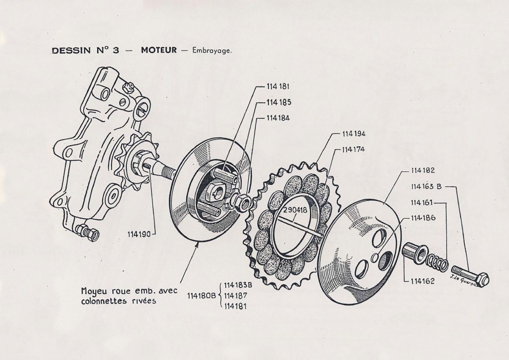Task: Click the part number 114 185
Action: pyautogui.click(x=279, y=102)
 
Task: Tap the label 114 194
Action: pyautogui.click(x=354, y=134)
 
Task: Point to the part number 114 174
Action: pyautogui.click(x=353, y=149)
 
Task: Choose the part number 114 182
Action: pyautogui.click(x=423, y=170)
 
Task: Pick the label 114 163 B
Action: pyautogui.click(x=426, y=187)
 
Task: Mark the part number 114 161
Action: pyautogui.click(x=422, y=203)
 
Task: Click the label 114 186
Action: pyautogui.click(x=423, y=218)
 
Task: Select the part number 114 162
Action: pyautogui.click(x=422, y=281)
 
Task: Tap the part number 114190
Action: pyautogui.click(x=139, y=234)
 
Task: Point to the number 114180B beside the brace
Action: pyautogui.click(x=201, y=296)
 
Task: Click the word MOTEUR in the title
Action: pyautogui.click(x=159, y=50)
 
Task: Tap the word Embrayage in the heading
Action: pyautogui.click(x=212, y=50)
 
